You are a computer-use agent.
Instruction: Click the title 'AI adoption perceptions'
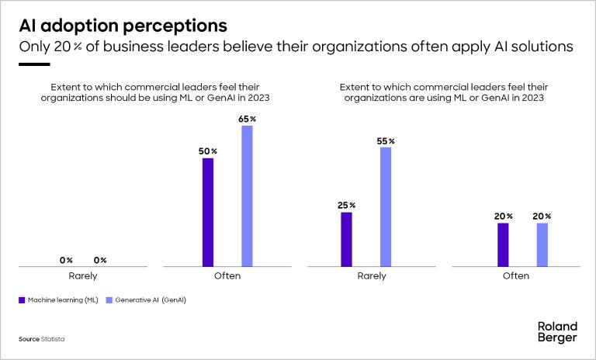[x=123, y=26]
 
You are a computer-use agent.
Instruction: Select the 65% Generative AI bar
[x=247, y=196]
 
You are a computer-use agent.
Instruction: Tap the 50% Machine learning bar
[x=207, y=213]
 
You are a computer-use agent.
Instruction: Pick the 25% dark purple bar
[x=346, y=239]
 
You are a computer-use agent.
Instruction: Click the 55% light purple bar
[x=386, y=207]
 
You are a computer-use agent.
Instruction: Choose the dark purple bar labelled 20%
[x=503, y=244]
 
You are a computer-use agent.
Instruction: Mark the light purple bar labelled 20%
[x=542, y=244]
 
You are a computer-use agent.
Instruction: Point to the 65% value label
[x=247, y=118]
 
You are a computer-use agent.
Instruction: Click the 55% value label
[x=386, y=140]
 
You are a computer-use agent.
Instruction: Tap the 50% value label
[x=207, y=151]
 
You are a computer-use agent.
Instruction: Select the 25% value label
[x=346, y=205]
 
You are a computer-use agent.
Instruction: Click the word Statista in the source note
[x=54, y=340]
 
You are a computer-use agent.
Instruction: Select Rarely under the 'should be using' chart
[x=82, y=275]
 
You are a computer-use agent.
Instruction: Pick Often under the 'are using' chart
[x=516, y=275]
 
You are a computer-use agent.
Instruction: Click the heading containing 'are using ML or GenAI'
[x=442, y=93]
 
